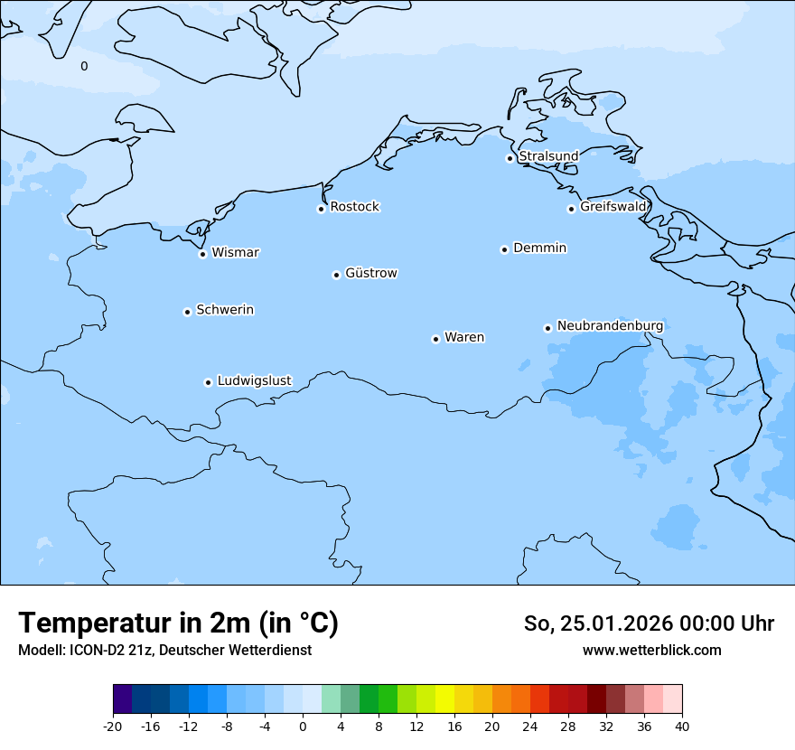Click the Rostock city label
(x=354, y=207)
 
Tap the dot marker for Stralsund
(x=510, y=158)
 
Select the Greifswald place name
(x=613, y=207)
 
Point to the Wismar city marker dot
(x=203, y=254)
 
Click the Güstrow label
(x=370, y=273)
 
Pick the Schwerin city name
(x=225, y=310)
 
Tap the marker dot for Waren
(x=435, y=339)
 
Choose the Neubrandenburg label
(x=610, y=325)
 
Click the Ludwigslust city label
(x=254, y=380)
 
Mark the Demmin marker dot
(x=504, y=249)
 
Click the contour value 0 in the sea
(x=84, y=66)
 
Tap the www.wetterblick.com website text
(x=651, y=650)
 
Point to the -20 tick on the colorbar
(x=113, y=726)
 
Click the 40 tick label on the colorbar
(x=682, y=726)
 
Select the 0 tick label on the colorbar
(x=303, y=726)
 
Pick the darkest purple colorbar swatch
(x=122, y=699)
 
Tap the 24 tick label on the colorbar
(x=530, y=726)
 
